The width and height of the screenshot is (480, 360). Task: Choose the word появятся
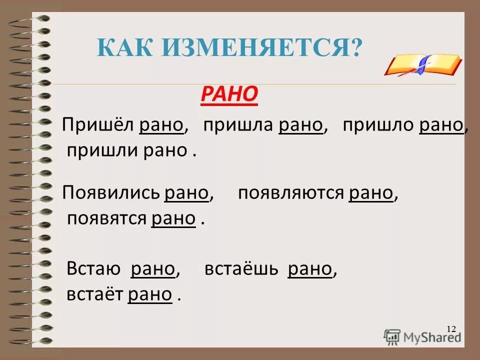(106, 218)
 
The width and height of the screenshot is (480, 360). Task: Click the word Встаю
(93, 269)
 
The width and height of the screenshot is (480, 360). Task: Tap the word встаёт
(94, 294)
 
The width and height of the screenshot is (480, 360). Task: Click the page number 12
(451, 328)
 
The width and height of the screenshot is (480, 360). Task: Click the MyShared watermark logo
(422, 336)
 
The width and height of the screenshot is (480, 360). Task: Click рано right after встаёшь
(310, 269)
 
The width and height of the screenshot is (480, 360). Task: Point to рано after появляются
(371, 193)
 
